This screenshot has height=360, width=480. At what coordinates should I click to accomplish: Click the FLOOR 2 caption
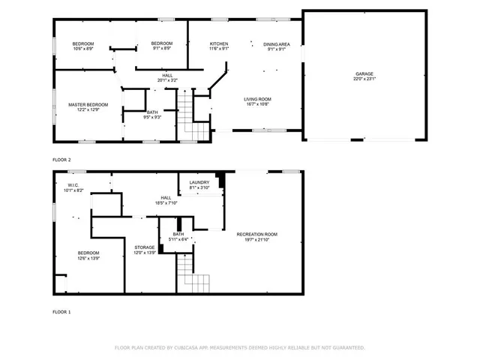click(61, 160)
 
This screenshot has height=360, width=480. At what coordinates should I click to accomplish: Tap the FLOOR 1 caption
click(61, 311)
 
